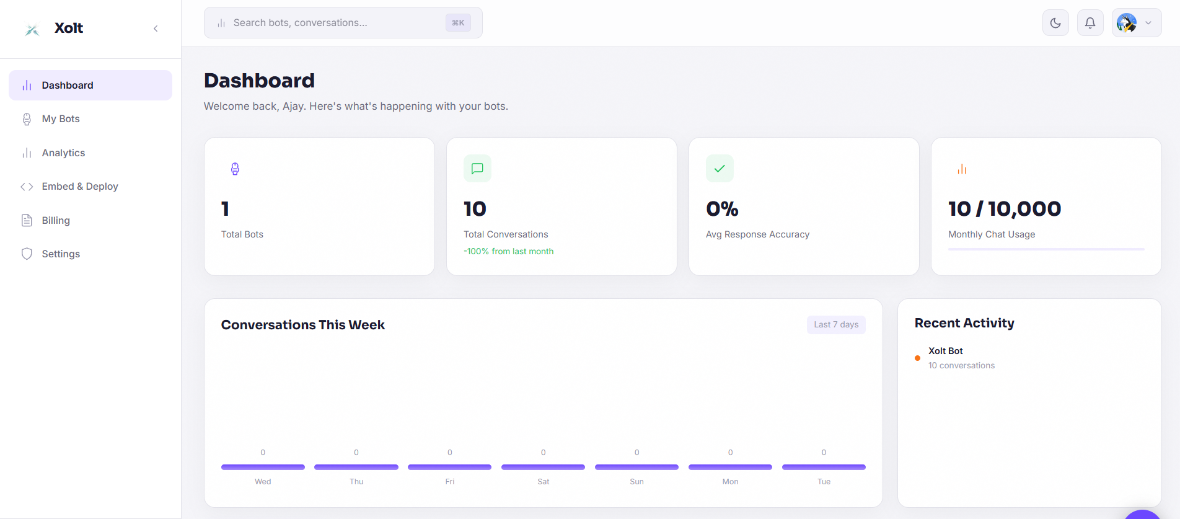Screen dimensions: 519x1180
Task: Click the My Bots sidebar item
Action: coord(61,119)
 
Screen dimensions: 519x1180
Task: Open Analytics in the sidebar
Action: coord(63,153)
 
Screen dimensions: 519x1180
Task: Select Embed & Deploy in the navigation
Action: coord(79,187)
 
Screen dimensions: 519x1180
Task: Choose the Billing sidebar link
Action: coord(56,221)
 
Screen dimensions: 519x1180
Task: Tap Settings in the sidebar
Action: coord(61,254)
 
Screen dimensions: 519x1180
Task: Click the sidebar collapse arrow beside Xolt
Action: coord(156,29)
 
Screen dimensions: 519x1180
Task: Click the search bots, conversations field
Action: coord(335,23)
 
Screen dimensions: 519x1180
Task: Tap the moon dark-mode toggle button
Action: coord(1055,24)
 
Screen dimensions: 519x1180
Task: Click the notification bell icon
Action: coord(1090,24)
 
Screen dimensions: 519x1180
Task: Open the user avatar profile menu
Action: coord(1136,24)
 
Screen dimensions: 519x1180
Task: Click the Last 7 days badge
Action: coord(836,325)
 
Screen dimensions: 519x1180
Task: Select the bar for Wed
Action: coord(263,467)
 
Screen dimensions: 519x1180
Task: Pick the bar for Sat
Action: coord(543,467)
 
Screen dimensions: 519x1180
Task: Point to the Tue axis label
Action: coord(824,482)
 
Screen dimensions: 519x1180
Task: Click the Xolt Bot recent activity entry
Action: coord(946,352)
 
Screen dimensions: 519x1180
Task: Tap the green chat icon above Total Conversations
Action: coord(477,169)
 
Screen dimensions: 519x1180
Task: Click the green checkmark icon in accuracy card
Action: coord(720,169)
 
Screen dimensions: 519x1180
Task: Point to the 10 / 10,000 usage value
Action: coord(1005,209)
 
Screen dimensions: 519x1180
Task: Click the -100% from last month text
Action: coord(509,252)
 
